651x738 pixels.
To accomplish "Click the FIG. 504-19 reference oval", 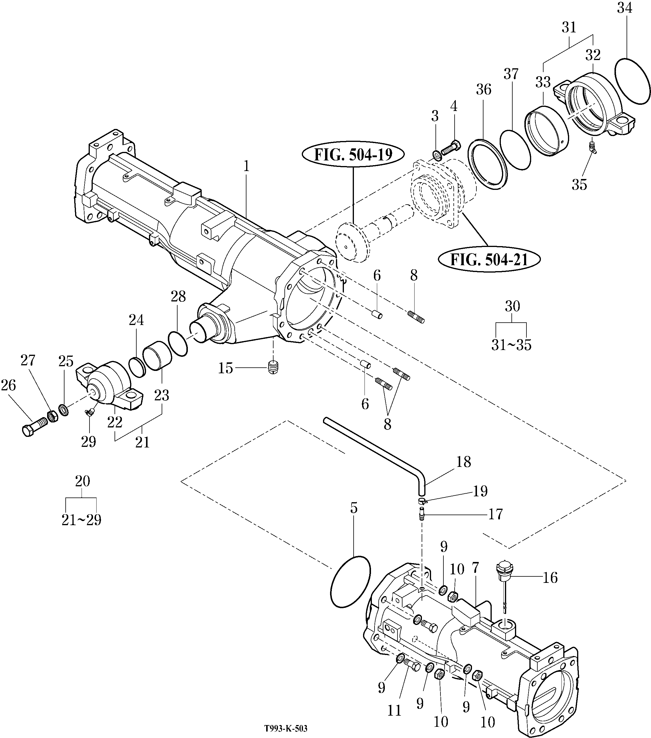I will tap(353, 154).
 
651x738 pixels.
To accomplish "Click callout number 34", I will tap(625, 8).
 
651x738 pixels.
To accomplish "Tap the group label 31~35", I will tap(511, 345).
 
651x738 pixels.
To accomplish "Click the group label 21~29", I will tap(81, 520).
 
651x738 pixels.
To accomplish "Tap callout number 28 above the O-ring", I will tap(178, 297).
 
